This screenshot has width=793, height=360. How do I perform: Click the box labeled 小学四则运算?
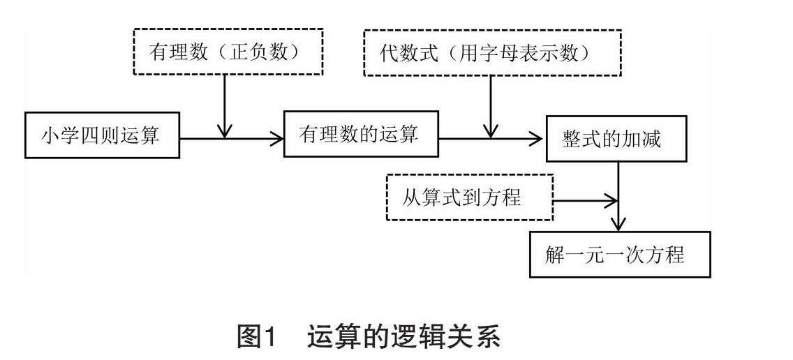102,135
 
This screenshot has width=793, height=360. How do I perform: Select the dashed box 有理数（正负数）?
228,52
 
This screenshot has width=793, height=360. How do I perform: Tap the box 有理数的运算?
361,134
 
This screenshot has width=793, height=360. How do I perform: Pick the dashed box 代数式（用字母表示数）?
493,52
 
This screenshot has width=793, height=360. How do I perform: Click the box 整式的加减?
616,139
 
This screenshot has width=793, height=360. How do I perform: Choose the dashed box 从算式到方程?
469,197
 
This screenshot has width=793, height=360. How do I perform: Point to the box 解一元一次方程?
620,255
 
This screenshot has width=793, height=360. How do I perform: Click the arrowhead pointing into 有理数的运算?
277,139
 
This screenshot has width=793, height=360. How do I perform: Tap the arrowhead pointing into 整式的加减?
537,139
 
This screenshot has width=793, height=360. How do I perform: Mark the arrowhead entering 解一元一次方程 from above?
618,224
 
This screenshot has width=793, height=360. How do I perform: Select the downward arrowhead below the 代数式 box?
490,130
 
